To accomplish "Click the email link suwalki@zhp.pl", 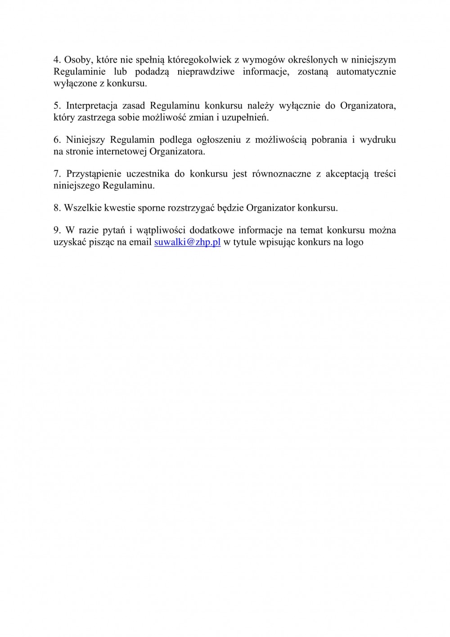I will tap(187, 242).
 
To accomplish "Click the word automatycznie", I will tap(366, 72).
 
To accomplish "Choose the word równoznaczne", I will tap(282, 174).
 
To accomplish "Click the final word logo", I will tap(354, 243).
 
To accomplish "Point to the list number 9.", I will tap(56, 230).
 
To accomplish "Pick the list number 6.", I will tap(56, 140).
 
